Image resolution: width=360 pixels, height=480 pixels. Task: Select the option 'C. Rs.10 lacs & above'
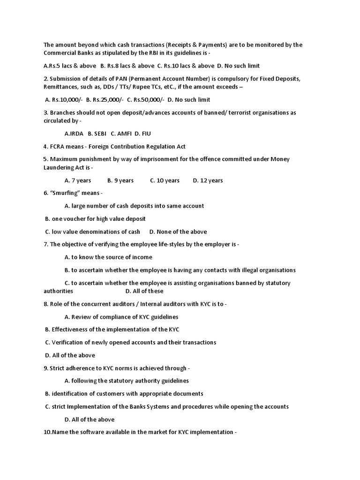186,66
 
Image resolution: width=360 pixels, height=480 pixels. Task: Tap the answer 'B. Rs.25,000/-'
105,99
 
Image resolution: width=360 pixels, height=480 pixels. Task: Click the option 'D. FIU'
142,134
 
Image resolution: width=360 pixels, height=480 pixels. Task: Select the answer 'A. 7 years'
78,180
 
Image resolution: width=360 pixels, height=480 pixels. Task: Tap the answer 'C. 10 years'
165,180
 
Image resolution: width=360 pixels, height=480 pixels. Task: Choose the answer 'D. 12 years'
208,180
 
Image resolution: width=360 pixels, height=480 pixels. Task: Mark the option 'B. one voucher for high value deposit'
95,218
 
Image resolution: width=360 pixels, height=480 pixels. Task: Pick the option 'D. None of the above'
178,232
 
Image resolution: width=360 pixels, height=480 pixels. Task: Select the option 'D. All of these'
144,291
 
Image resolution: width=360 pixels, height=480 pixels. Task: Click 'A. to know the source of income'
108,257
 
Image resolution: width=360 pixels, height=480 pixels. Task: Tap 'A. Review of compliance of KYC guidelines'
121,317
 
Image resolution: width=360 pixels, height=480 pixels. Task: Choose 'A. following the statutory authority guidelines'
127,381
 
